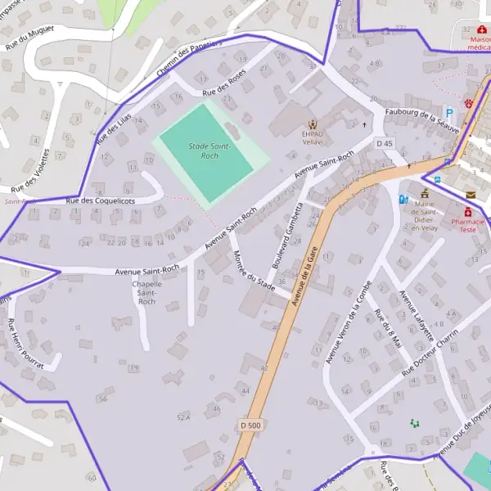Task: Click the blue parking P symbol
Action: (x=448, y=110)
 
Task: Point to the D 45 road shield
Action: (x=385, y=144)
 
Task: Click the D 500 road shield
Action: (x=250, y=426)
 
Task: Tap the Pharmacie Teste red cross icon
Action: (x=467, y=212)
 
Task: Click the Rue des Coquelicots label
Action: (x=101, y=200)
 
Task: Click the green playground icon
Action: (x=415, y=423)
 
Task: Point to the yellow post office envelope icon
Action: (x=471, y=194)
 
